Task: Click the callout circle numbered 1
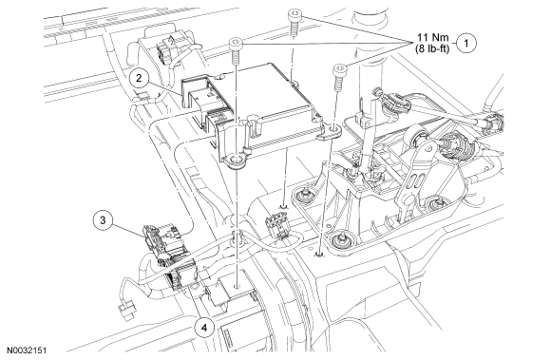pyautogui.click(x=467, y=43)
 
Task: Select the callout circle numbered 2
pyautogui.click(x=139, y=78)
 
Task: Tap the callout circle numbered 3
pyautogui.click(x=103, y=220)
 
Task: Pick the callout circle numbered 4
pyautogui.click(x=204, y=328)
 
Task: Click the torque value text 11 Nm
pyautogui.click(x=433, y=38)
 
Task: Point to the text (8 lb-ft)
pyautogui.click(x=432, y=48)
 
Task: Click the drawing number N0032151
pyautogui.click(x=27, y=351)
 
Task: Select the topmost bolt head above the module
pyautogui.click(x=294, y=15)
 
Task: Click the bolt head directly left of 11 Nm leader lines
pyautogui.click(x=235, y=44)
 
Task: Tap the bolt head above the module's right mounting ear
pyautogui.click(x=339, y=68)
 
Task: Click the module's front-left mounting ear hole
pyautogui.click(x=236, y=161)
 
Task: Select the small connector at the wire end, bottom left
pyautogui.click(x=127, y=311)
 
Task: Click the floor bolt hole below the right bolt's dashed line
pyautogui.click(x=319, y=253)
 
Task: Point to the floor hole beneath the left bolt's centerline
pyautogui.click(x=237, y=286)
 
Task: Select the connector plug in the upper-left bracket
pyautogui.click(x=162, y=51)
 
